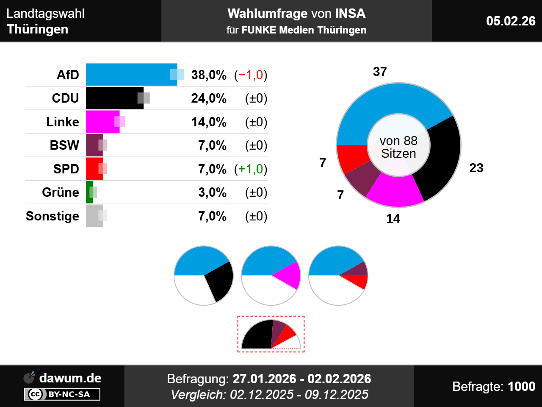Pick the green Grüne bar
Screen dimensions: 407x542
pos(89,192)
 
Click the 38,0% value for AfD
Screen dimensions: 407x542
pos(209,75)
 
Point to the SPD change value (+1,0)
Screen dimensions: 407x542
pos(251,169)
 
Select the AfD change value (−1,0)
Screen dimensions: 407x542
pos(251,75)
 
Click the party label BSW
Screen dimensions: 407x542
pos(64,145)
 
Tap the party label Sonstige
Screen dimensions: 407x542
pos(53,216)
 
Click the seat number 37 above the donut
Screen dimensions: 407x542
pos(380,72)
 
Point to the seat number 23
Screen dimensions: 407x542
pos(476,168)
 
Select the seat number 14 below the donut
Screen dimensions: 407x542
pos(393,219)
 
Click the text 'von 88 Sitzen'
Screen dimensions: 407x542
pos(398,147)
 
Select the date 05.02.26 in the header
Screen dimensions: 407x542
pos(511,21)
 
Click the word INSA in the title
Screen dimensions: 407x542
pos(350,14)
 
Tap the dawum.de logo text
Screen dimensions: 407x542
pos(70,378)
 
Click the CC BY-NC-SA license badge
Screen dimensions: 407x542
pos(62,394)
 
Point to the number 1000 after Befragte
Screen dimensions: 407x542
pos(521,386)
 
